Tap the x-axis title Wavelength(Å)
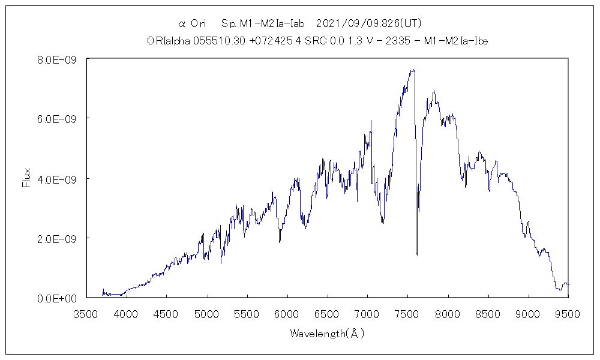click(327, 333)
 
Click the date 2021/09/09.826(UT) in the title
click(368, 24)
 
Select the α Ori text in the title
click(193, 24)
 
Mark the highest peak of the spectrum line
click(412, 70)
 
